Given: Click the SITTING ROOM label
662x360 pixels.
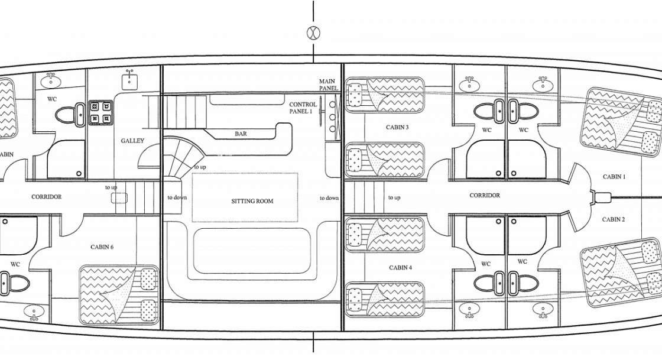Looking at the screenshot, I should tap(252, 201).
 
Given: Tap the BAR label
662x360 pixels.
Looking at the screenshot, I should tap(241, 134).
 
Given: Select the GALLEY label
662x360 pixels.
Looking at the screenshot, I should tap(132, 141).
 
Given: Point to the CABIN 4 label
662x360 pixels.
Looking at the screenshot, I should tap(400, 268).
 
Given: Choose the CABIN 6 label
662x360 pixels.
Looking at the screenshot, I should tap(102, 247).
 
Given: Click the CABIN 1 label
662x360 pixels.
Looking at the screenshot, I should tap(614, 177).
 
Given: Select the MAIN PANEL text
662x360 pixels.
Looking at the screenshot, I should tap(329, 85).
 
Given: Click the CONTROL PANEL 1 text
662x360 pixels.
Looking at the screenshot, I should tap(303, 108).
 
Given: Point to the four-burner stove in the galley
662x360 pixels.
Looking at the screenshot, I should tap(100, 112).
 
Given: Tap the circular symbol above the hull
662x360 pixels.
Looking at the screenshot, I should tap(313, 33).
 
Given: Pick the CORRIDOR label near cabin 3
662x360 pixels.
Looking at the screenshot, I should tap(484, 196).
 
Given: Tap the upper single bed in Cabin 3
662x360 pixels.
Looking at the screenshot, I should tap(385, 95).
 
